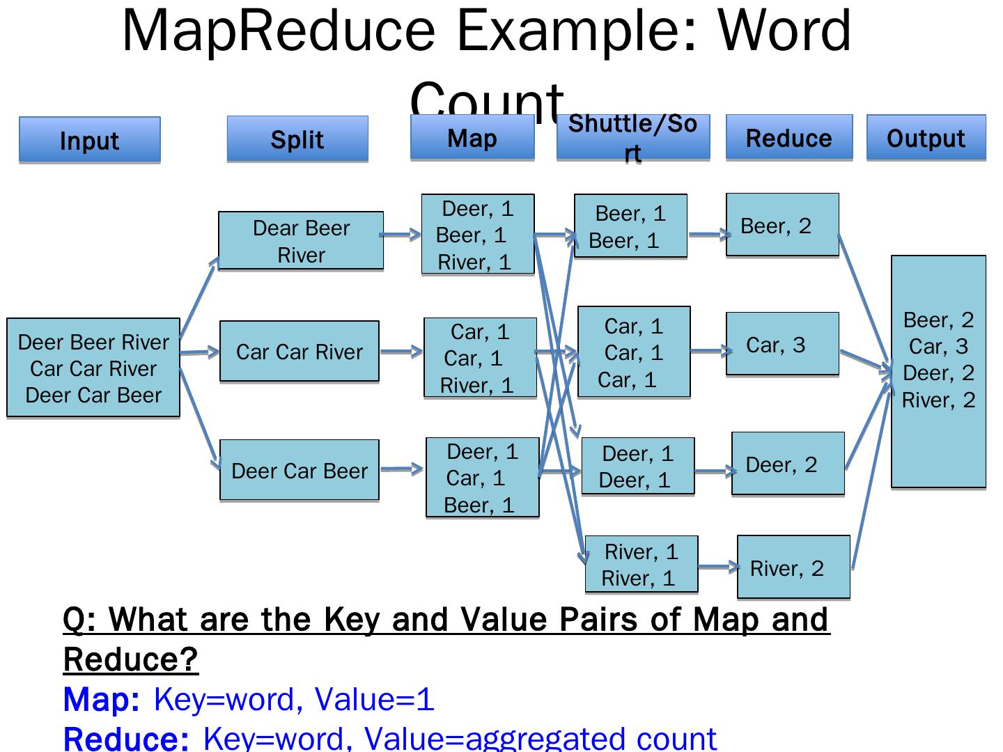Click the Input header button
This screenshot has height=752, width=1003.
pyautogui.click(x=89, y=140)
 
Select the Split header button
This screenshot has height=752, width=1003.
pyautogui.click(x=297, y=139)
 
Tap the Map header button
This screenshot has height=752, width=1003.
pyautogui.click(x=472, y=138)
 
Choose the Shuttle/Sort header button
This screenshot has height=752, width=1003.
pyautogui.click(x=632, y=138)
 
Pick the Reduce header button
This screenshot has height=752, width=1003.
pyautogui.click(x=789, y=138)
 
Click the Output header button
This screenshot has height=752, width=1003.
pyautogui.click(x=926, y=138)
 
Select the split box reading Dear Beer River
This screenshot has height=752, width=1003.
pyautogui.click(x=301, y=241)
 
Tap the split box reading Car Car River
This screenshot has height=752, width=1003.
pyautogui.click(x=300, y=352)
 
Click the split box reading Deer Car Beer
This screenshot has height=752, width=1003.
pyautogui.click(x=300, y=471)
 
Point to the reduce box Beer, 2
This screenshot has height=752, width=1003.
pyautogui.click(x=782, y=226)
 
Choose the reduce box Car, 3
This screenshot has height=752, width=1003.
pyautogui.click(x=782, y=345)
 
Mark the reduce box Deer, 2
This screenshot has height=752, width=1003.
pyautogui.click(x=788, y=464)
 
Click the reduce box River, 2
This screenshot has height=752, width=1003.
pyautogui.click(x=793, y=567)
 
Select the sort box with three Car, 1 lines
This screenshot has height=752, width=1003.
pyautogui.click(x=634, y=352)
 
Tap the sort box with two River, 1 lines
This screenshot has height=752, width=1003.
pyautogui.click(x=641, y=565)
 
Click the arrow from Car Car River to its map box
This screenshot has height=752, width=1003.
pyautogui.click(x=401, y=352)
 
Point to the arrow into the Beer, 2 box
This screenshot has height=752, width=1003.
pyautogui.click(x=707, y=235)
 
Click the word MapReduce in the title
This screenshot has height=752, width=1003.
pyautogui.click(x=279, y=31)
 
